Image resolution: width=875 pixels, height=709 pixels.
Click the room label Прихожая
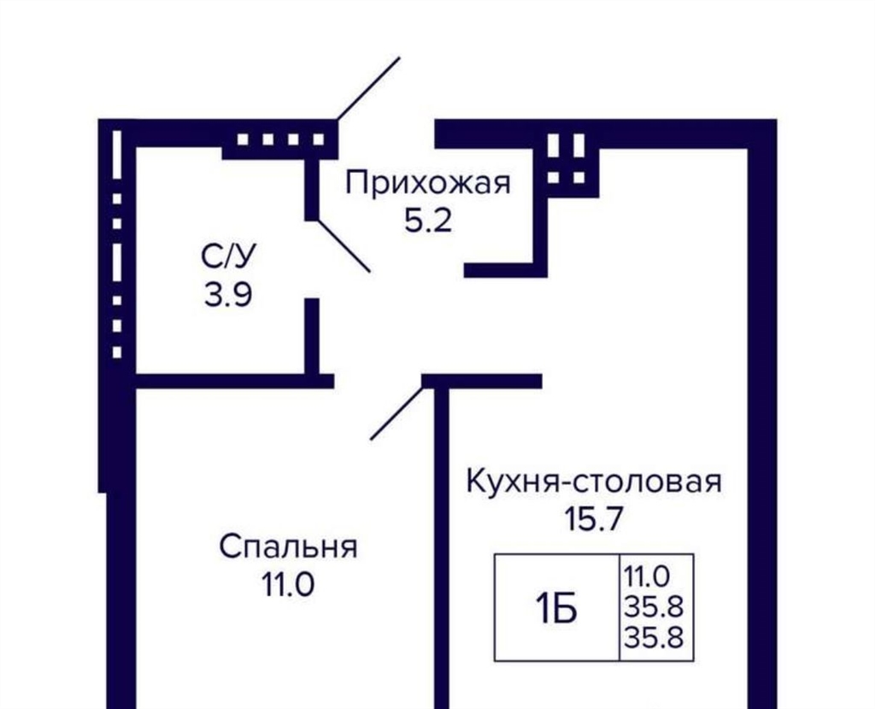coord(428,184)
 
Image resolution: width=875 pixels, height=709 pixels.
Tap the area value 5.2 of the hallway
coord(427,222)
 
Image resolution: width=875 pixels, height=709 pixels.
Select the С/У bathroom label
coord(228,257)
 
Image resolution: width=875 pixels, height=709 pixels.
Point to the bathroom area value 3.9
coord(228,294)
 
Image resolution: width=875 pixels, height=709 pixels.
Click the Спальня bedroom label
coord(288,547)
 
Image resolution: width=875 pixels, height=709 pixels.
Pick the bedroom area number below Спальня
coord(288,585)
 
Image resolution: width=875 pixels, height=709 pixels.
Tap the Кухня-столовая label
coord(594,482)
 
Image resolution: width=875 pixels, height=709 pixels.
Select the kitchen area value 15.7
coord(593,520)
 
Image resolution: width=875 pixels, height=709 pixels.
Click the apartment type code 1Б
coord(555,609)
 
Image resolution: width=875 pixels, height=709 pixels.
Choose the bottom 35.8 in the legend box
coord(654,637)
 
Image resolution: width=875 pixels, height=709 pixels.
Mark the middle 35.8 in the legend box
coord(654,606)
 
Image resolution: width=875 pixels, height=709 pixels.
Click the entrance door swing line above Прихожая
coord(368,88)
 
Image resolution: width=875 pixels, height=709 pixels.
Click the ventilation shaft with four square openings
coord(567,159)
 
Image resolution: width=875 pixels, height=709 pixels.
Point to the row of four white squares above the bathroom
coord(280,139)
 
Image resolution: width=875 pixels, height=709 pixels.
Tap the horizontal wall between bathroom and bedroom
coord(234,381)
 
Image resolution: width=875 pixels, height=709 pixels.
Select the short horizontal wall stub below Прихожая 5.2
coord(499,270)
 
